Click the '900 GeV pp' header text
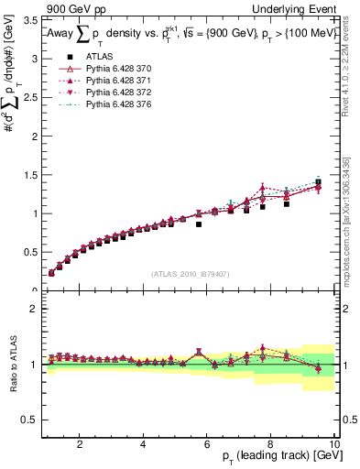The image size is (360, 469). point(74,8)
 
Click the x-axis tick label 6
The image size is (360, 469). point(207,444)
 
